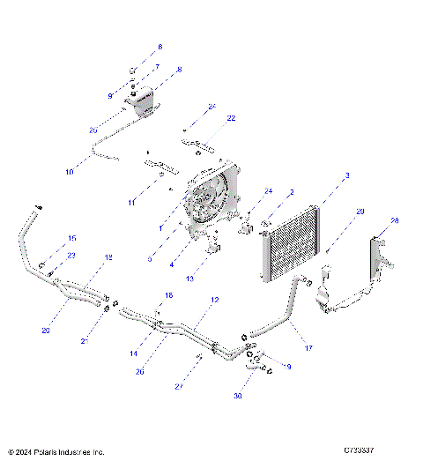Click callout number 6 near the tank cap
coord(160,47)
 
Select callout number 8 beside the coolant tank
coord(179,69)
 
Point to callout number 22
coord(207,118)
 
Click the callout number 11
coord(131,203)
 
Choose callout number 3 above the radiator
coord(346,176)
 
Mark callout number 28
coord(395,220)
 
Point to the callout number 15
coord(72,239)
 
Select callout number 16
coord(168,295)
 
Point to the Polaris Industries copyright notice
coord(56,451)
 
